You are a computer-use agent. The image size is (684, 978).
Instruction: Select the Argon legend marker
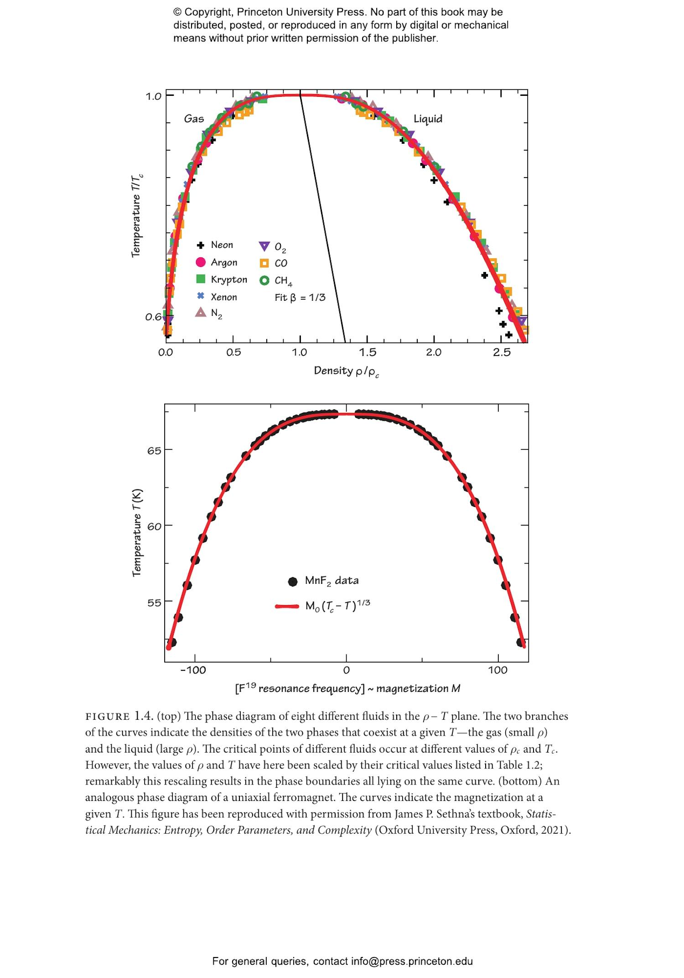pyautogui.click(x=201, y=262)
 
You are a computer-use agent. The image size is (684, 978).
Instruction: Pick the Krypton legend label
pyautogui.click(x=228, y=279)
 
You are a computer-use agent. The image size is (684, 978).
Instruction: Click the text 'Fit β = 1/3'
pyautogui.click(x=300, y=298)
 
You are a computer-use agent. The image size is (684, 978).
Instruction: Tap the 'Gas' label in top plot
pyautogui.click(x=194, y=119)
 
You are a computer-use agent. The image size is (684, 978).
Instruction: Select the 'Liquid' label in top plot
pyautogui.click(x=428, y=119)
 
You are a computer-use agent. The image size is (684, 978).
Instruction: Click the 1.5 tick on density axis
pyautogui.click(x=367, y=352)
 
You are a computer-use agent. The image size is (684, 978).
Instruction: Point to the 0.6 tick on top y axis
pyautogui.click(x=153, y=317)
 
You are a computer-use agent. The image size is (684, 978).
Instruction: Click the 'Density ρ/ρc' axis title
pyautogui.click(x=347, y=371)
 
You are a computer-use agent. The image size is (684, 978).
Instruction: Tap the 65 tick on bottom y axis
pyautogui.click(x=154, y=450)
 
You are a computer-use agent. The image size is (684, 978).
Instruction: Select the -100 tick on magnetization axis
pyautogui.click(x=193, y=670)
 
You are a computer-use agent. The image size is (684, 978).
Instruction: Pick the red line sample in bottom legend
pyautogui.click(x=287, y=607)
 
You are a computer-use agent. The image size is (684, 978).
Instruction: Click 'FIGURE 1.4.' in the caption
pyautogui.click(x=119, y=716)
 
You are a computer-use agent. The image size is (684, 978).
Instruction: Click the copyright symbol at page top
pyautogui.click(x=177, y=12)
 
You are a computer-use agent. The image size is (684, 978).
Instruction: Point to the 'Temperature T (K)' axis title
pyautogui.click(x=137, y=533)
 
